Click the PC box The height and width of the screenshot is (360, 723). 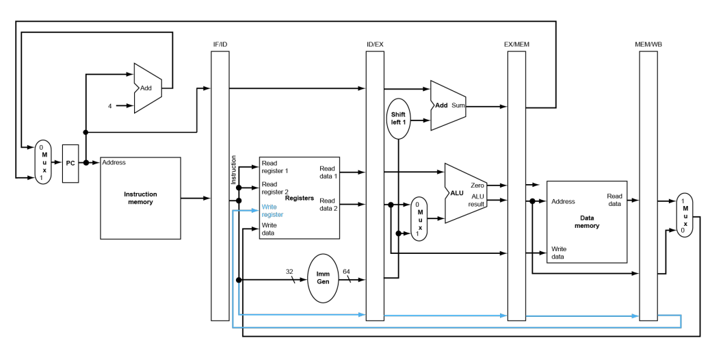tap(70, 164)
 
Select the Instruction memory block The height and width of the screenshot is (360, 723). tap(141, 198)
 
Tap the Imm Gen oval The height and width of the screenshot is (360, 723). tap(324, 279)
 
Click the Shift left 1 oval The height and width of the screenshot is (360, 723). tap(398, 118)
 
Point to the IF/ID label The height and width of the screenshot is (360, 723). tap(220, 44)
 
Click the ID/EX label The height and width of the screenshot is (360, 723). tap(375, 44)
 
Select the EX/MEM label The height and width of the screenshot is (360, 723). tap(516, 44)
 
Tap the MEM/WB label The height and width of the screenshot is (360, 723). tap(648, 44)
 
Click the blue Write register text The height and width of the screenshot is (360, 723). tap(272, 211)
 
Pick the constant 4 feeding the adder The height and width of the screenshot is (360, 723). tap(109, 106)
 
